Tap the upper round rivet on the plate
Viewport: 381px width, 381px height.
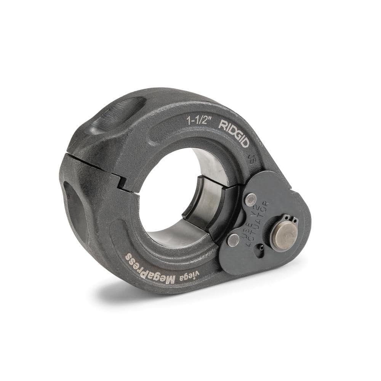[x=250, y=199]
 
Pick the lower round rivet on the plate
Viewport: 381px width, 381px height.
[x=233, y=240]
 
